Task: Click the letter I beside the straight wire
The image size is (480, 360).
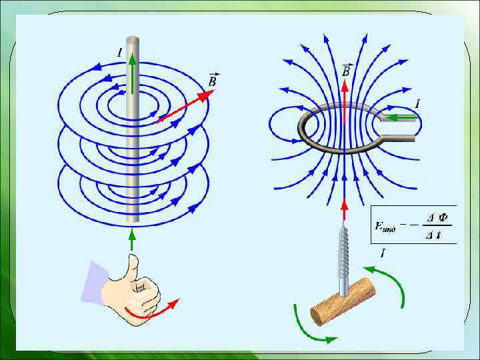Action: pyautogui.click(x=119, y=51)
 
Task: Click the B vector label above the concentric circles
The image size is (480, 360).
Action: pyautogui.click(x=213, y=79)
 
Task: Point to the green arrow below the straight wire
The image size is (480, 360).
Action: pyautogui.click(x=132, y=239)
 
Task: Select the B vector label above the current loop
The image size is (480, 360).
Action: pyautogui.click(x=347, y=70)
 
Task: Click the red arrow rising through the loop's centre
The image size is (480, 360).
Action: pyautogui.click(x=345, y=107)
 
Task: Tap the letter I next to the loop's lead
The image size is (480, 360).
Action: pyautogui.click(x=417, y=103)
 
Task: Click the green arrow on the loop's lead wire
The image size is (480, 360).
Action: pyautogui.click(x=401, y=118)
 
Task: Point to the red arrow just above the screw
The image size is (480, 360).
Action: pyautogui.click(x=345, y=208)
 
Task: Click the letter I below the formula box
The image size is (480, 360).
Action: pyautogui.click(x=383, y=253)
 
